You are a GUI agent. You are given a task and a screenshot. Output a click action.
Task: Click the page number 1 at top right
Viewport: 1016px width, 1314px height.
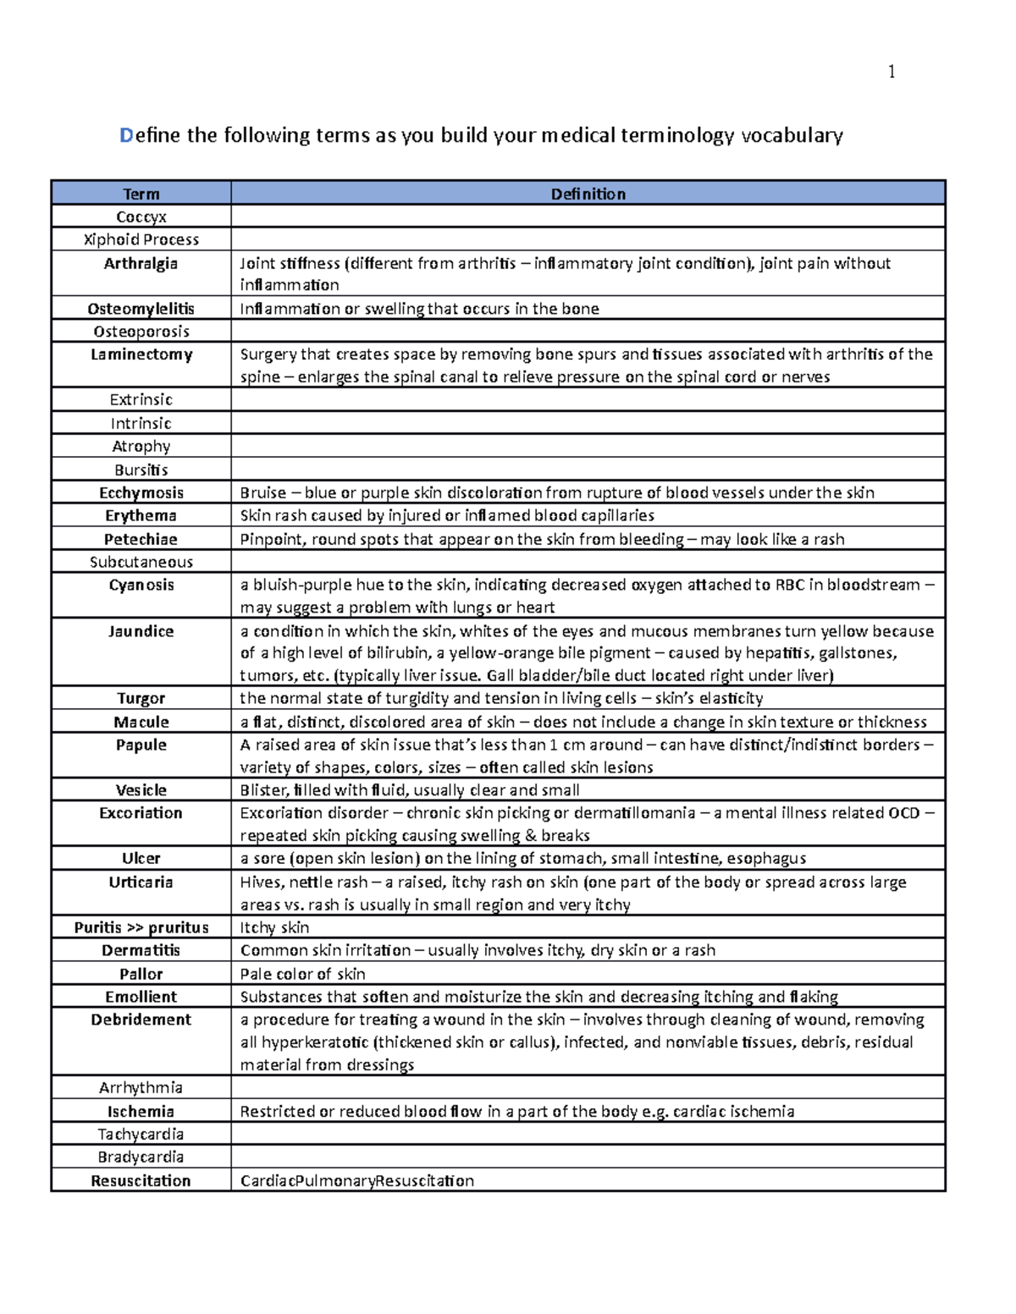pos(891,72)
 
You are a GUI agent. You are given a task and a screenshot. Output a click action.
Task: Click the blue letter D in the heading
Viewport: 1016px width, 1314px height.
pos(126,135)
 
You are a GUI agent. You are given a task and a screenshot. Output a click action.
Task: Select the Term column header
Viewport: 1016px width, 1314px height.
pos(141,194)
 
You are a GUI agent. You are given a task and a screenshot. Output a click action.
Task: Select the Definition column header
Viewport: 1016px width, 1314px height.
pos(588,194)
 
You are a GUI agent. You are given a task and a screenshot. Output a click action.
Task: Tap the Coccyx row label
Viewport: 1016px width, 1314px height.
pos(141,217)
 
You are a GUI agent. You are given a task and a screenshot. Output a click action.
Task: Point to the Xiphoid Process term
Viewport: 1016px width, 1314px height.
pos(141,239)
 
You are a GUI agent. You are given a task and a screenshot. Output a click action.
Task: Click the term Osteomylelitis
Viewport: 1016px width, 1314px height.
pos(141,309)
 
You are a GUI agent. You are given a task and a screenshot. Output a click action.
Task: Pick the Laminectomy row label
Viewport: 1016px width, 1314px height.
pos(141,355)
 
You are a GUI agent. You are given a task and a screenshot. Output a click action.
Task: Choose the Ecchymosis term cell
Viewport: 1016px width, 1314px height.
pos(141,492)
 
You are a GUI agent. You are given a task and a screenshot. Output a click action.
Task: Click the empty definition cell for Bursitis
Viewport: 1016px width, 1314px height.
pos(588,470)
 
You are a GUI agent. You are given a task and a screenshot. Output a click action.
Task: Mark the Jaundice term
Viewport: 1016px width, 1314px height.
pos(141,631)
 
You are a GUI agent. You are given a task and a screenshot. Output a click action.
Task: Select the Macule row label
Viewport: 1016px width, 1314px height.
pos(141,722)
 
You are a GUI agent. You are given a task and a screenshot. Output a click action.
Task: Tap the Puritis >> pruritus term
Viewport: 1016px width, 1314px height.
pos(141,927)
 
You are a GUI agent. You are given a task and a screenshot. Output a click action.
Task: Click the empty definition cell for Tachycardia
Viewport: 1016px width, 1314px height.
pos(588,1134)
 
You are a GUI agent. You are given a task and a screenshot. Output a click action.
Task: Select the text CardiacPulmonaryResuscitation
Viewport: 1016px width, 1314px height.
pos(356,1180)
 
